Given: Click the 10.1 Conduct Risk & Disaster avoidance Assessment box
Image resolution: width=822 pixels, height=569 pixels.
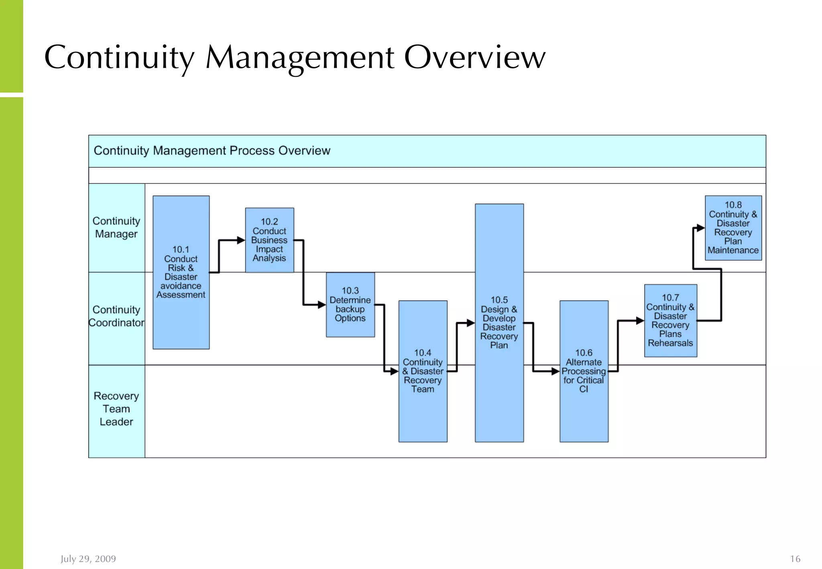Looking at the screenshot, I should (x=181, y=272).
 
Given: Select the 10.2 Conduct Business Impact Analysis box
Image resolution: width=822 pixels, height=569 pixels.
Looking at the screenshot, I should (x=269, y=240).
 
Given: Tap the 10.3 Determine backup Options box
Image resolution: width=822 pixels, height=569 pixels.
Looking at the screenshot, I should (x=350, y=305).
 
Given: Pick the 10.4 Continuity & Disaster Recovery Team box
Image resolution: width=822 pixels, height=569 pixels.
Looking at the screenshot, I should (x=423, y=371).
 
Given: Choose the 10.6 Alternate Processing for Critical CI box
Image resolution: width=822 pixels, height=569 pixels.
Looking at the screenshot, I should (x=584, y=371).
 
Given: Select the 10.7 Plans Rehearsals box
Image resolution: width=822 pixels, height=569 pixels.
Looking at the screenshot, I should (x=670, y=320).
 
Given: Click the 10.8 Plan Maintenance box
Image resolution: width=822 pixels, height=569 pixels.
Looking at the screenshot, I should (x=733, y=228).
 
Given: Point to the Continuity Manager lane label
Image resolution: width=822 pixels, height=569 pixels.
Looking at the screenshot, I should (x=116, y=228).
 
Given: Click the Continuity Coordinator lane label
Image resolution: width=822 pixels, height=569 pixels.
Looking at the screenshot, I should (x=116, y=316).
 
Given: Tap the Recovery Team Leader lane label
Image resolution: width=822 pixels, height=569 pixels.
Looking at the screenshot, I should (x=116, y=408).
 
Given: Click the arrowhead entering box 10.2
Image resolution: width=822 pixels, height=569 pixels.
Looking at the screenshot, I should (x=241, y=240).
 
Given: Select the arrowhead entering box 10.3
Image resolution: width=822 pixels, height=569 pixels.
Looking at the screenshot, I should (x=321, y=305).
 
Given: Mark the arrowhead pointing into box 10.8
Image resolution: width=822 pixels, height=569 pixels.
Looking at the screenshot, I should (x=700, y=228).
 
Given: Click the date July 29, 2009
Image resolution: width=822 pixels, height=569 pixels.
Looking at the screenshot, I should (x=88, y=559).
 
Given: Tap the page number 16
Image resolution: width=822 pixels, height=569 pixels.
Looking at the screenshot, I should (x=795, y=559).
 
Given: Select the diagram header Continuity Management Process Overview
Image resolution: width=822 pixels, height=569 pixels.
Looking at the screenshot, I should (x=212, y=151).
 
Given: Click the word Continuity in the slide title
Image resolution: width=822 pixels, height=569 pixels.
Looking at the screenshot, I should (x=119, y=57).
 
